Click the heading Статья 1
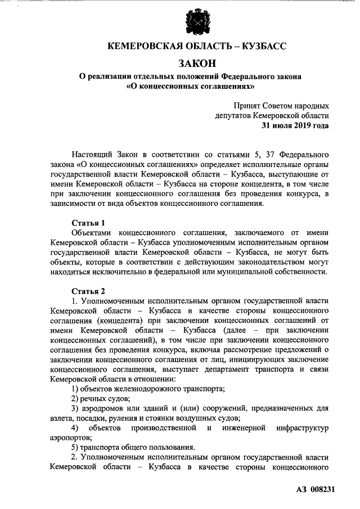pyautogui.click(x=88, y=223)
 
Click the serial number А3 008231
pyautogui.click(x=315, y=489)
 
